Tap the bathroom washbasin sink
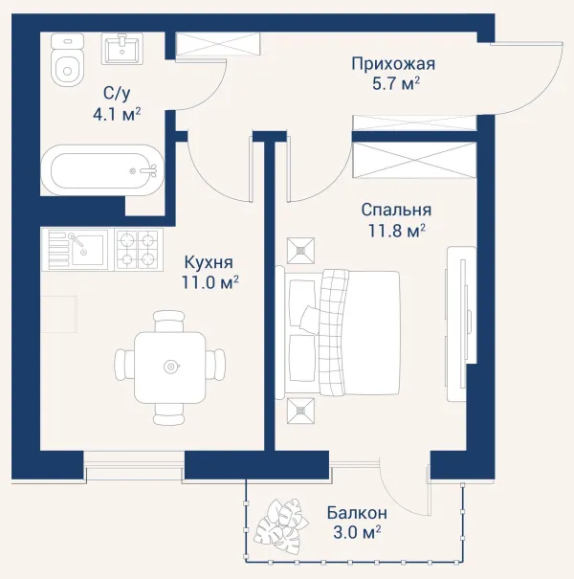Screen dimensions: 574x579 (x=121, y=49)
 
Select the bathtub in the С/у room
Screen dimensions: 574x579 (x=101, y=169)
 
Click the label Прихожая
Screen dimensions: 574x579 (x=393, y=64)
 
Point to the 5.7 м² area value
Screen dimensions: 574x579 (x=396, y=83)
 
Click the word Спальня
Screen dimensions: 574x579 (x=396, y=211)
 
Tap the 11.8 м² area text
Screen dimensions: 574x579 (x=397, y=231)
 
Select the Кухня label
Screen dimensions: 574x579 (x=209, y=263)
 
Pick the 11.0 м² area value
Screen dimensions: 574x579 (x=210, y=282)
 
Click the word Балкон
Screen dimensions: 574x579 (x=357, y=513)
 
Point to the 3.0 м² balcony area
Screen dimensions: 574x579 (x=357, y=533)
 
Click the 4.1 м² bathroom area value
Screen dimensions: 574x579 (x=117, y=114)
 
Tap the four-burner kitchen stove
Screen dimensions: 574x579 (x=139, y=250)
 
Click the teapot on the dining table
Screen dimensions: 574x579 (x=171, y=367)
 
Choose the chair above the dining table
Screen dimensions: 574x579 (x=168, y=322)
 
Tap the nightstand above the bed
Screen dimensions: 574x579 (x=300, y=251)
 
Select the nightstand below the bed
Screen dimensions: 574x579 (x=300, y=411)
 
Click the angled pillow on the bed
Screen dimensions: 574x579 (x=309, y=319)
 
